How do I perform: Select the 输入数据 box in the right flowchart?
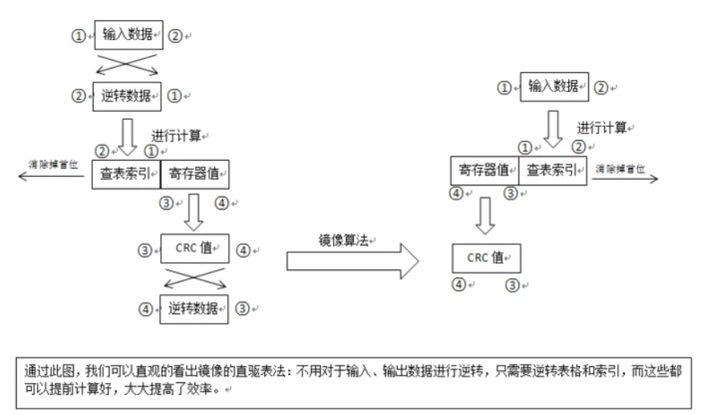coord(554,86)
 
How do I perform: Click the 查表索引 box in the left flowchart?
coord(126,173)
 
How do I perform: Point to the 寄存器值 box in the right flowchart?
coord(484,170)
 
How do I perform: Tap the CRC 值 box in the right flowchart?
coord(487,257)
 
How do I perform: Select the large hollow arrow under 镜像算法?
coord(351,262)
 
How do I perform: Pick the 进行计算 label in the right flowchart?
coord(603,126)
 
